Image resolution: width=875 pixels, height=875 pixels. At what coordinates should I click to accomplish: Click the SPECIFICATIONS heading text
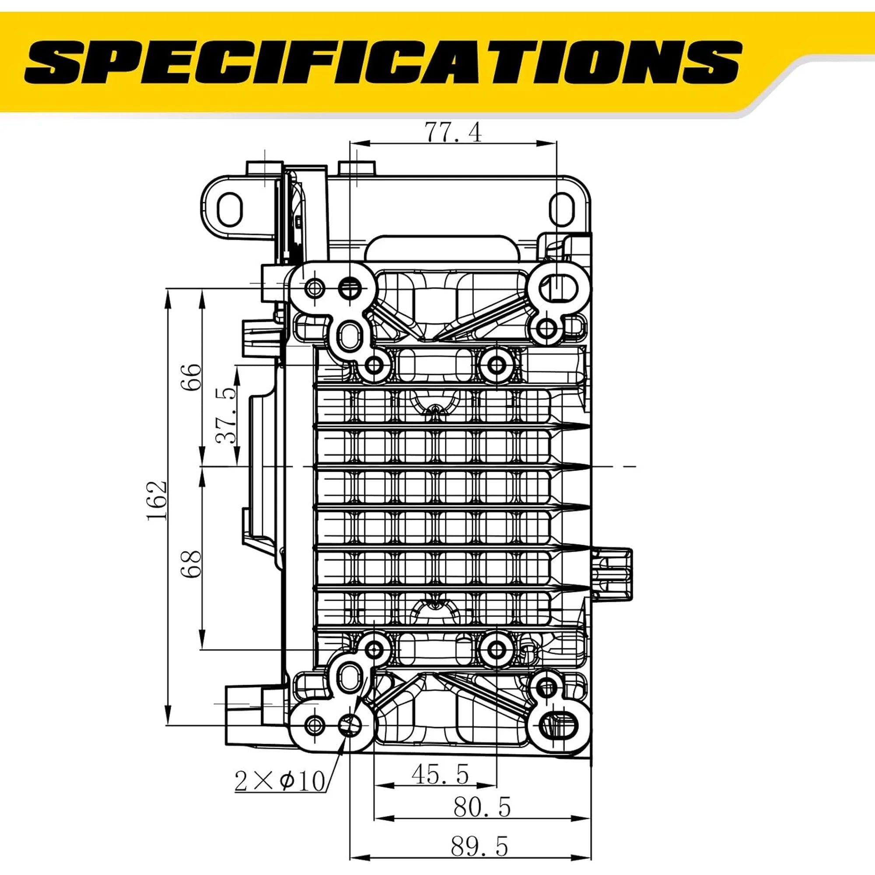click(x=383, y=63)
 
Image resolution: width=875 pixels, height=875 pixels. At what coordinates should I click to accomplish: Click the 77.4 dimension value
click(x=453, y=133)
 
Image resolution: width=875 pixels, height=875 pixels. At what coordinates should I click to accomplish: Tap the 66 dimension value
click(x=192, y=377)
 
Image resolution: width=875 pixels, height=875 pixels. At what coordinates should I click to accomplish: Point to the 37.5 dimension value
click(x=226, y=415)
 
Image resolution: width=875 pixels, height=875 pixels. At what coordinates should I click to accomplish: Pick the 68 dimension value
click(x=192, y=564)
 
